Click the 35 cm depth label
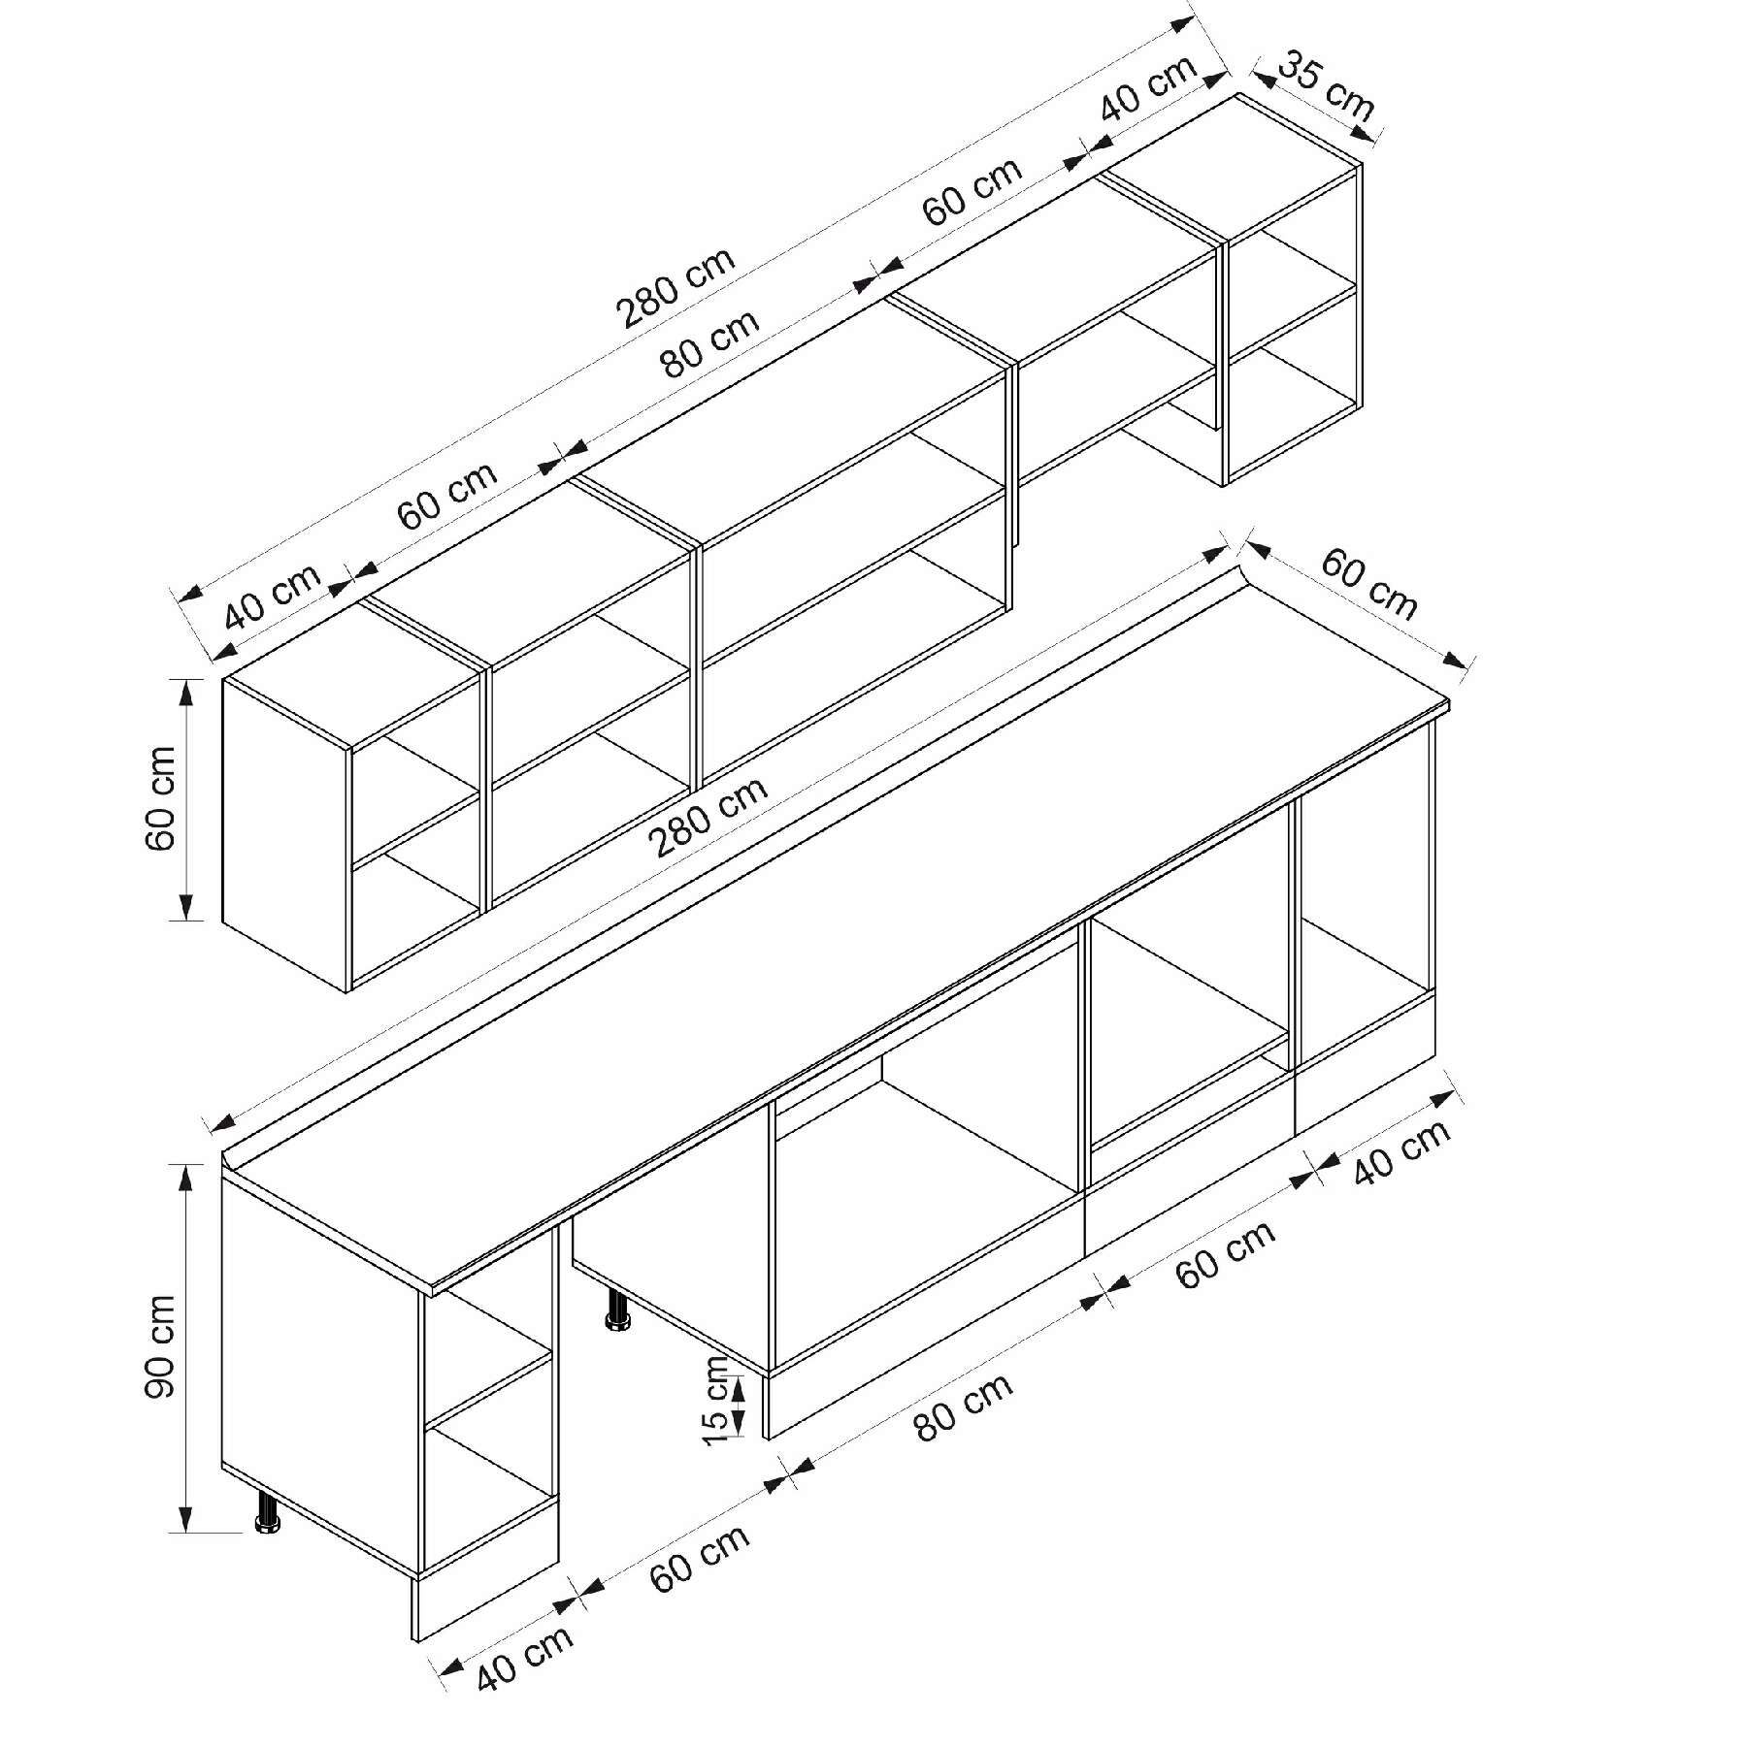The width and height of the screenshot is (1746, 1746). tap(1326, 89)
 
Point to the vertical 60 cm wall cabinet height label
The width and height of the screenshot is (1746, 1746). tap(160, 797)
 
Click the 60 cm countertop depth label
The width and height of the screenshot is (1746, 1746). tap(1368, 584)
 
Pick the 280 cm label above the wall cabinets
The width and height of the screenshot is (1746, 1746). tap(675, 286)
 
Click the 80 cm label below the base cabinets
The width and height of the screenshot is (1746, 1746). tap(963, 1406)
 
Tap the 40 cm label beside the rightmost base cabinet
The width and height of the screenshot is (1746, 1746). tap(1402, 1151)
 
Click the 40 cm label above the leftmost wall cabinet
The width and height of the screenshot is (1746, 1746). tap(273, 596)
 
